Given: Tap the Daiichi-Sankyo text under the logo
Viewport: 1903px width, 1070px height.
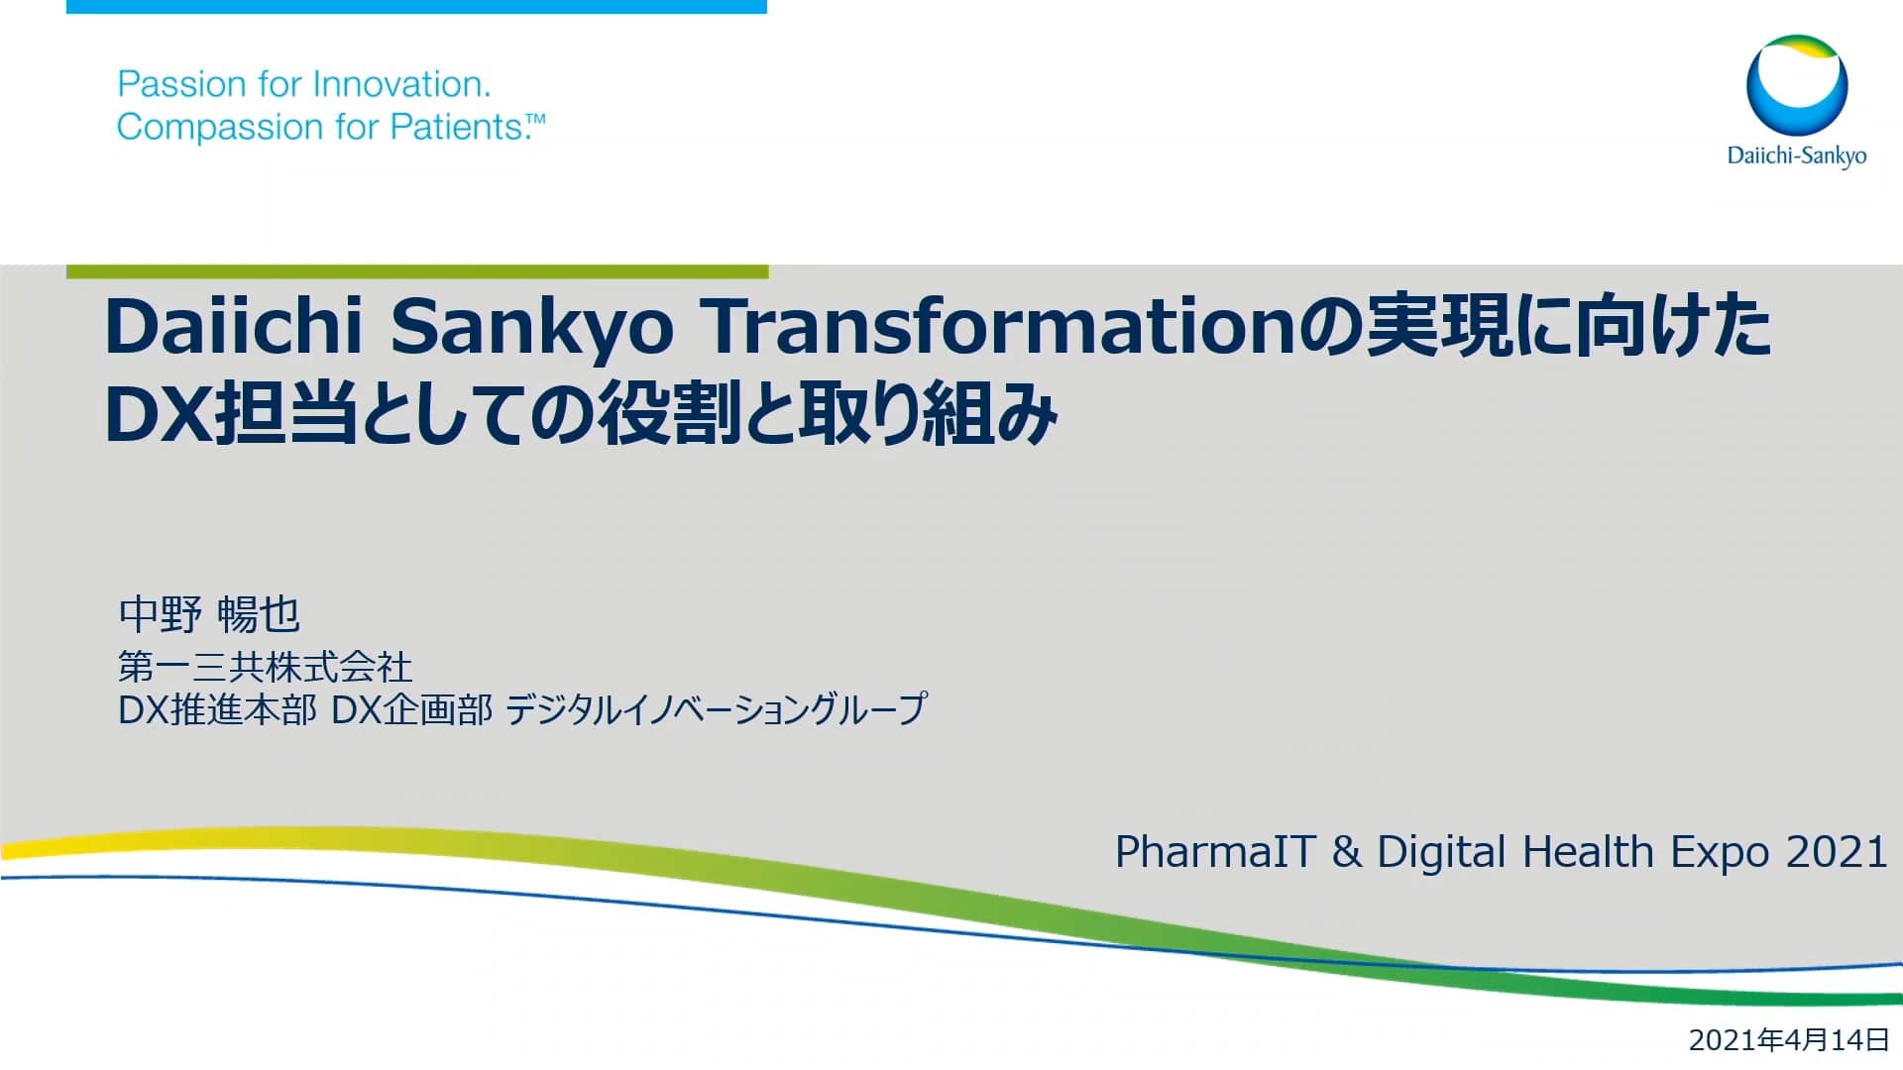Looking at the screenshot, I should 1796,156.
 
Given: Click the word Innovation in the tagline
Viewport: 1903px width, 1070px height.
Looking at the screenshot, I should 399,84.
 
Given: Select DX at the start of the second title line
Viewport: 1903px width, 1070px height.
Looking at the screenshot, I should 157,414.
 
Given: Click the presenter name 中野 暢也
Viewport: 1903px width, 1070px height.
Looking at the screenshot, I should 208,614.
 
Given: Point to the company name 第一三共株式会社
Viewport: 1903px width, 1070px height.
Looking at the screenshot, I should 265,667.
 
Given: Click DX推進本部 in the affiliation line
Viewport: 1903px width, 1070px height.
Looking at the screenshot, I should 217,709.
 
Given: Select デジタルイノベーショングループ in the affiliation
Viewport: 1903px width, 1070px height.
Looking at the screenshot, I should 716,709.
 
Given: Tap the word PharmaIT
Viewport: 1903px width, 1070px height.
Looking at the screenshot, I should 1215,852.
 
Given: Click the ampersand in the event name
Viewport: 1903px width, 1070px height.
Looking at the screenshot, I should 1346,852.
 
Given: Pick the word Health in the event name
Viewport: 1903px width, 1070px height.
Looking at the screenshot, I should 1588,852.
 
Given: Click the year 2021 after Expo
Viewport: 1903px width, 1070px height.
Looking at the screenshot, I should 1836,852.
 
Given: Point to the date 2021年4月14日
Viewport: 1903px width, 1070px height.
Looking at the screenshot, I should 1789,1039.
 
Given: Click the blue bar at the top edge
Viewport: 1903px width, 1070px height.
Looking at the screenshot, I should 416,6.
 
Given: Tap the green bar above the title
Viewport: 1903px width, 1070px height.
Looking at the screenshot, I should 416,271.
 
